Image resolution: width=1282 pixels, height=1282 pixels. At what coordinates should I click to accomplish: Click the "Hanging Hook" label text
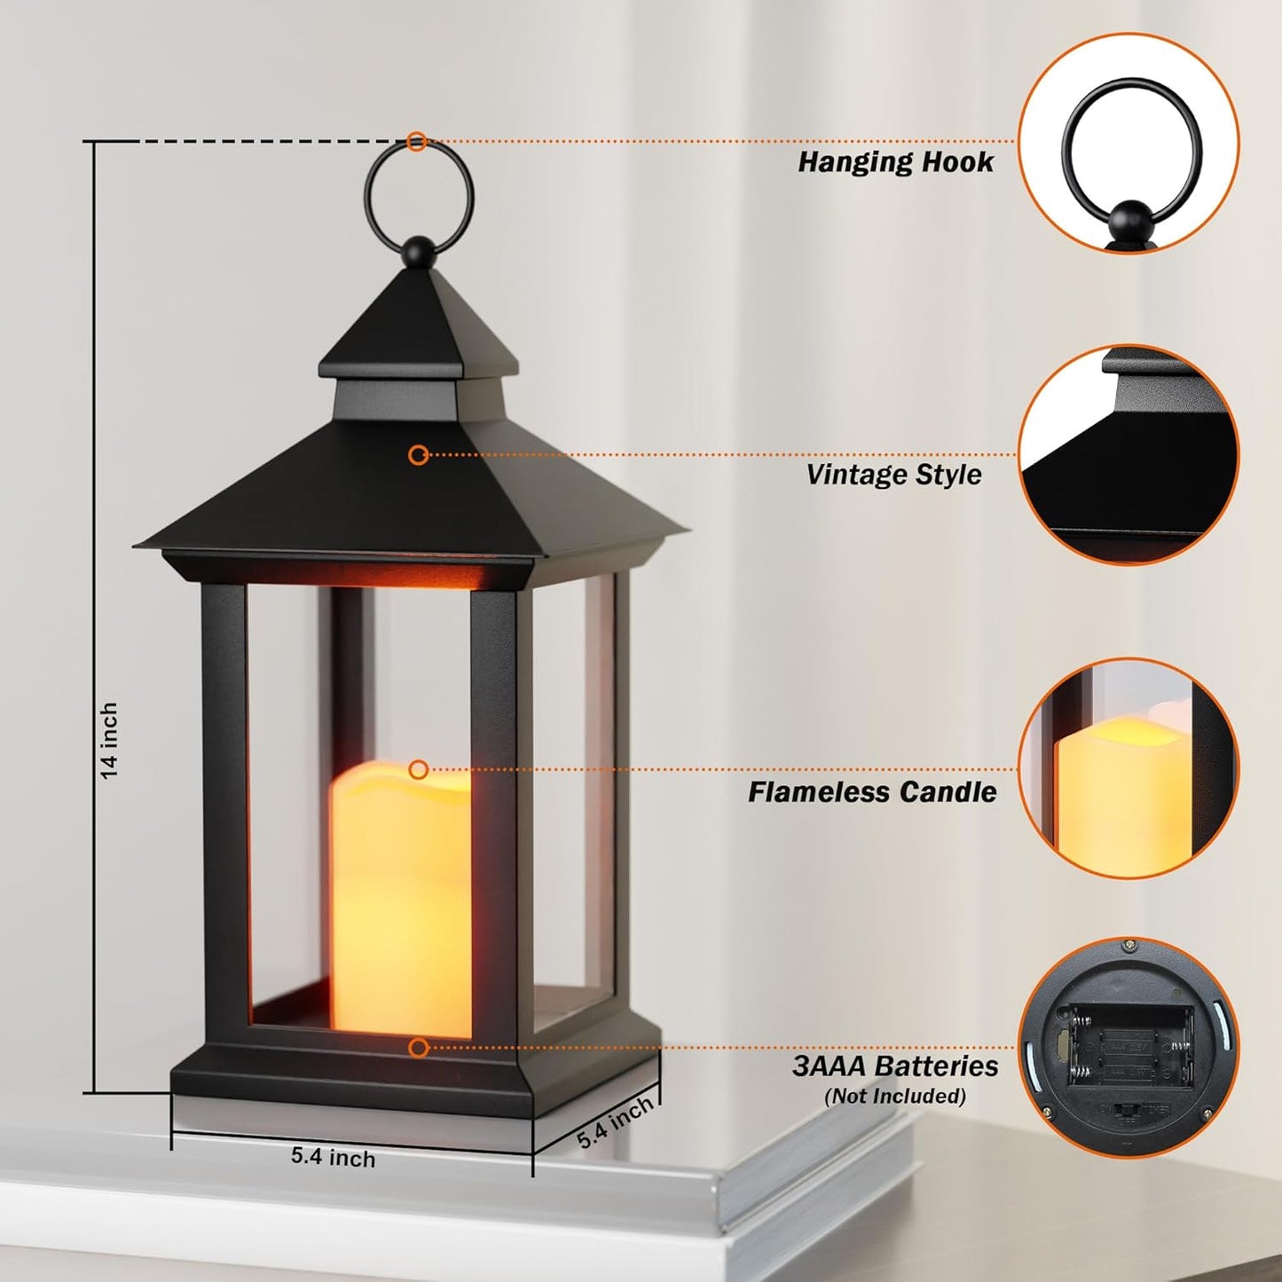tap(895, 162)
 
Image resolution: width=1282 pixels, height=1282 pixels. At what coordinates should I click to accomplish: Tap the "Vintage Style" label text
tap(893, 475)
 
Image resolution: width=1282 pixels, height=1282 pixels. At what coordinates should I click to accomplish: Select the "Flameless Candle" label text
tap(871, 792)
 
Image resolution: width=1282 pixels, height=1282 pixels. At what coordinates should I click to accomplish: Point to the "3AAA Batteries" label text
tap(894, 1066)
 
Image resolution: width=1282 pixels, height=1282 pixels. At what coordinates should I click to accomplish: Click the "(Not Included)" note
tap(894, 1097)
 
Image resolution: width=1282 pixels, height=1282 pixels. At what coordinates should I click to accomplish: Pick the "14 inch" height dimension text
tap(109, 741)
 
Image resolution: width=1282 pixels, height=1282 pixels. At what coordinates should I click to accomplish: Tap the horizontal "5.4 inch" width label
tap(333, 1158)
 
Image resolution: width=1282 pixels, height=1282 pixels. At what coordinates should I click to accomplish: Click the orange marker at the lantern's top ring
tap(417, 141)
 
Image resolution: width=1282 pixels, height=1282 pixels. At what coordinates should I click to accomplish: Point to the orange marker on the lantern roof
tap(419, 455)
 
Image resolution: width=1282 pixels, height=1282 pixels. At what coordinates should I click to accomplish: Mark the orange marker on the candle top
tap(419, 769)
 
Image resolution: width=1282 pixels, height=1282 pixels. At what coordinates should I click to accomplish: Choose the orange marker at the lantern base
tap(419, 1048)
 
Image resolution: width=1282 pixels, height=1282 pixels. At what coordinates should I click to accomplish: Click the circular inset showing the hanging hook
tap(1128, 143)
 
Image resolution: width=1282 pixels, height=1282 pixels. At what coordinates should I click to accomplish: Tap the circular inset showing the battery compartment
tap(1128, 1047)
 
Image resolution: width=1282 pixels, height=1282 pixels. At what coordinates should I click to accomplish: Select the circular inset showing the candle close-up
tap(1128, 768)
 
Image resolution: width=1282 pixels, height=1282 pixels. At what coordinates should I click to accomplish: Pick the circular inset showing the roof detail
tap(1128, 454)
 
